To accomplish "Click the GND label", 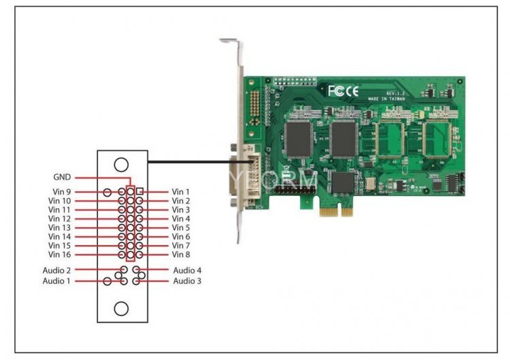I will (62, 179).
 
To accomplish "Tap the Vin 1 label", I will (181, 193).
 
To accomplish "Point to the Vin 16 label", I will (60, 255).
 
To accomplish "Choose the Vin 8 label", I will (181, 255).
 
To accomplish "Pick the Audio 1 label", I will (56, 281).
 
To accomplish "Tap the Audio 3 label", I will (187, 281).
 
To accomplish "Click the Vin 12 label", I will (60, 219).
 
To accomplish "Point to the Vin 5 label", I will (181, 228).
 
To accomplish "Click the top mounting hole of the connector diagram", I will (121, 164).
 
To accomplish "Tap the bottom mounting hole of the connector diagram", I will (121, 308).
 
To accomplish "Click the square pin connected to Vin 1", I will (139, 192).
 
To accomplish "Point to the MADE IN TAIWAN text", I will (386, 99).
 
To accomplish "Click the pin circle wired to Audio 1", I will (107, 281).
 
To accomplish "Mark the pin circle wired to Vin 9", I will (107, 193).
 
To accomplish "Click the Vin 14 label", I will (60, 237).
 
